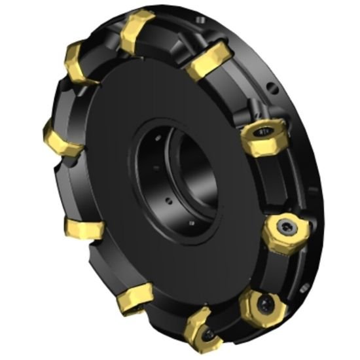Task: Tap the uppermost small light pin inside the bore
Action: click(x=156, y=138)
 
